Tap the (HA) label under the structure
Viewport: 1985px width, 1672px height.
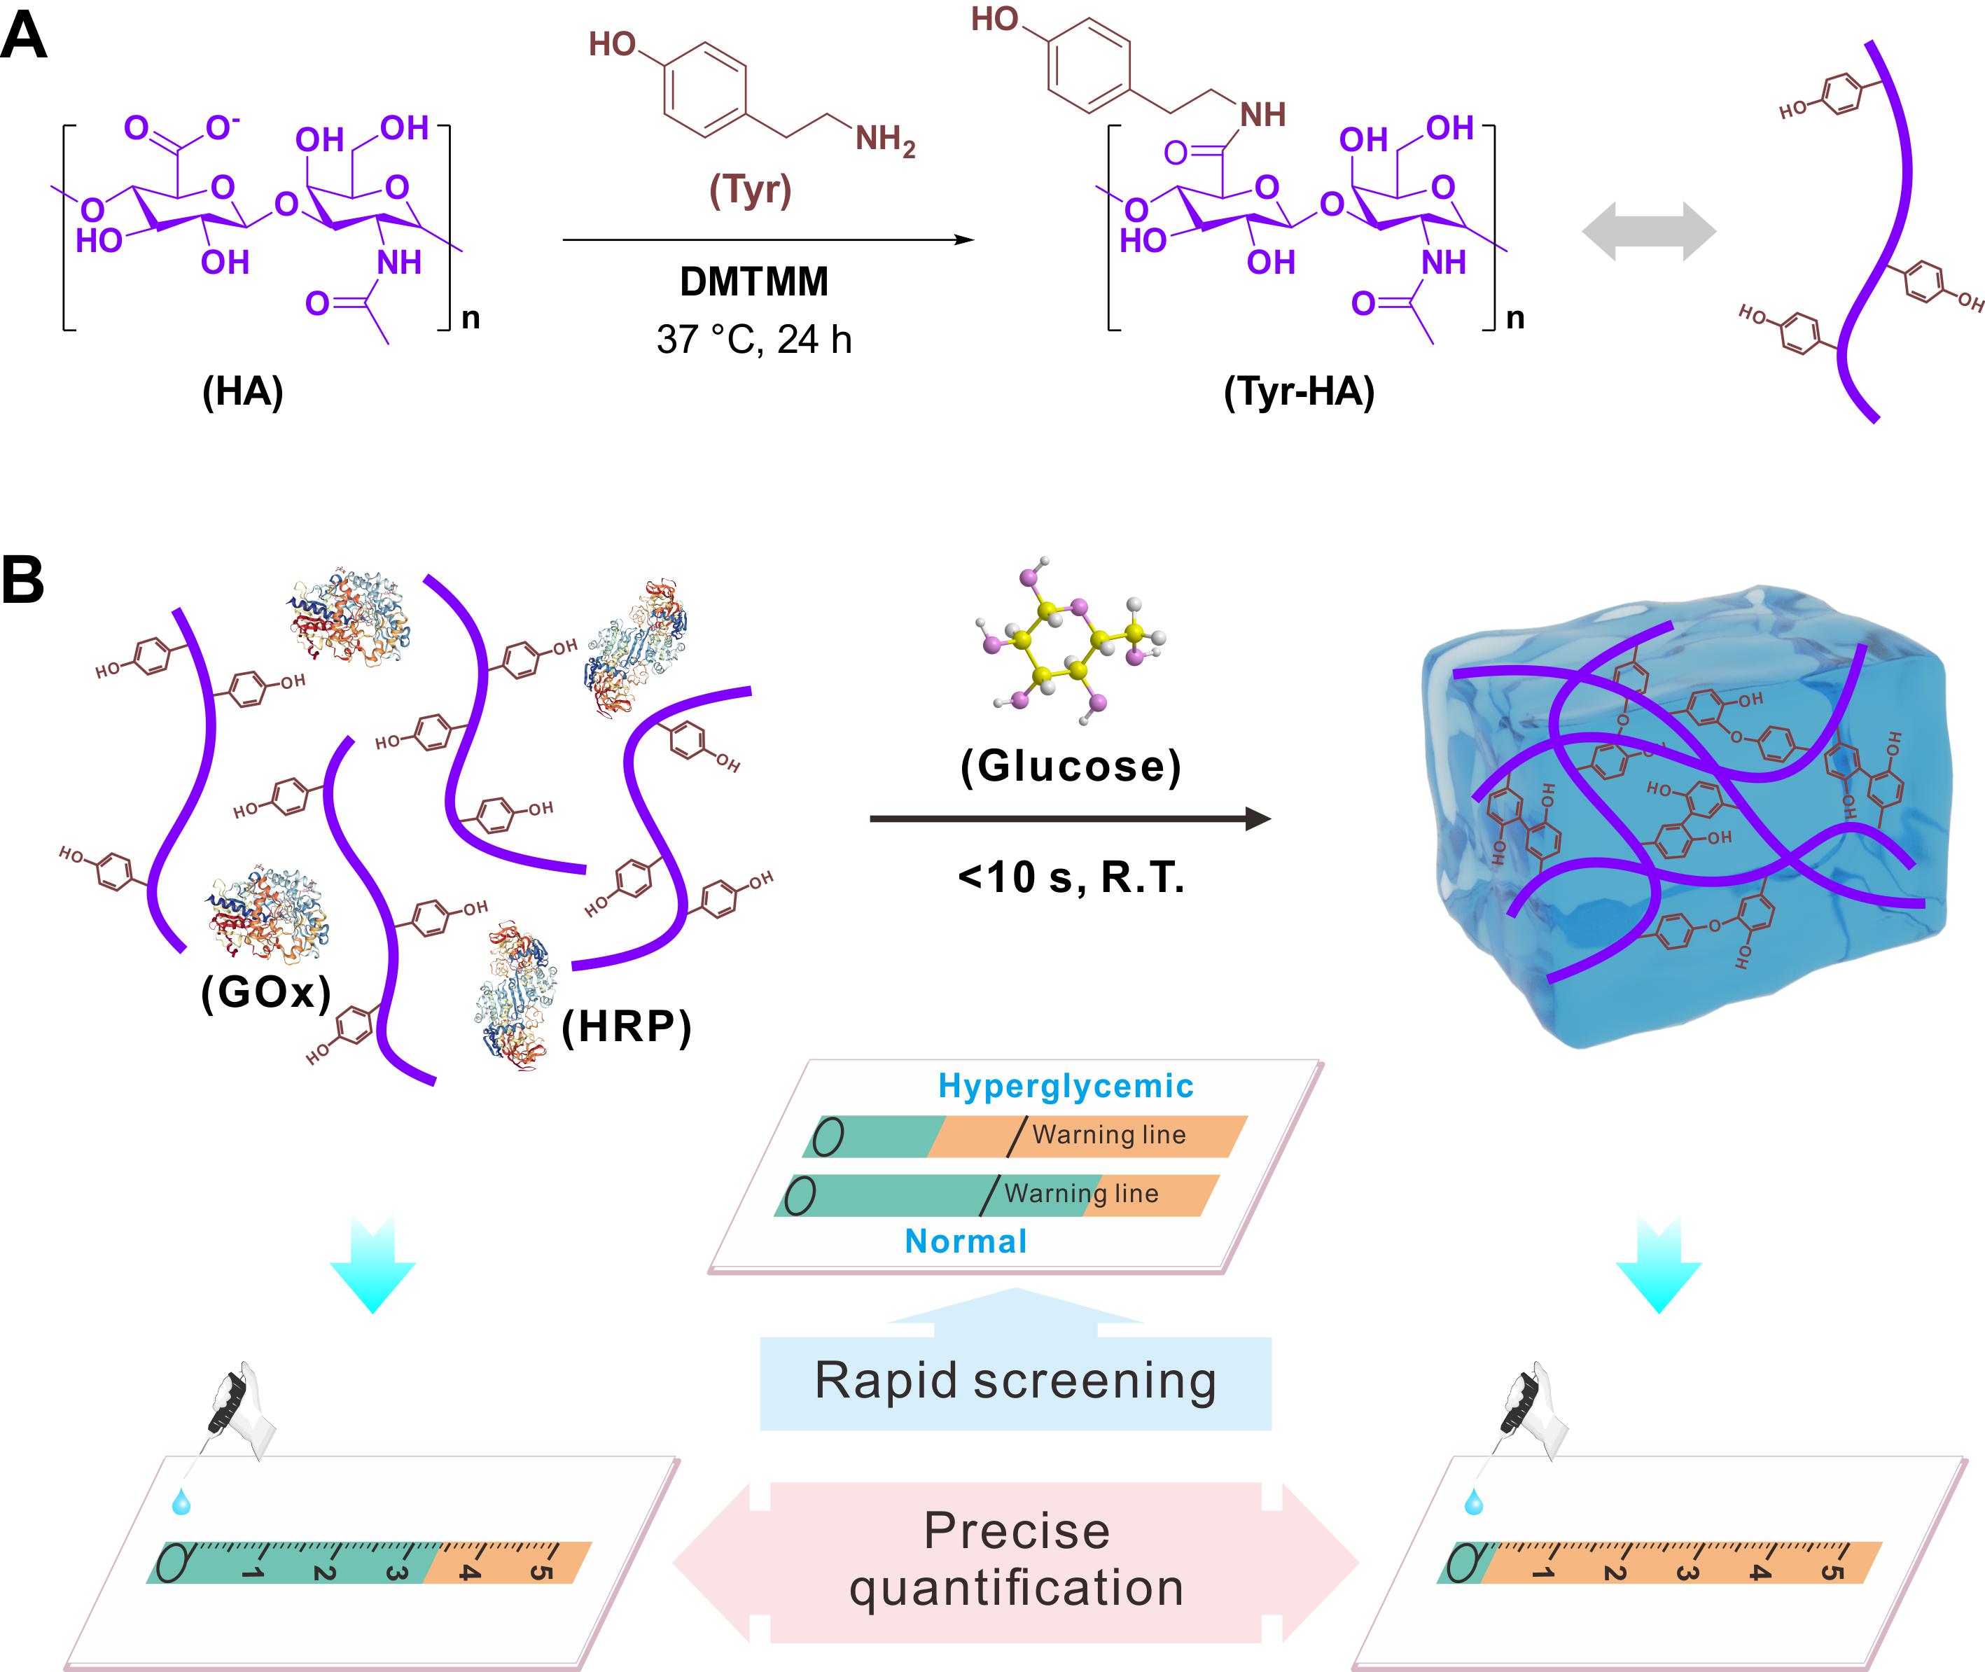243,391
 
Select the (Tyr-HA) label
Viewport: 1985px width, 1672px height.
1299,391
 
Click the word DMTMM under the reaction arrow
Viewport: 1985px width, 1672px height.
753,281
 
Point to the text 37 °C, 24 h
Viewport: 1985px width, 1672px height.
753,340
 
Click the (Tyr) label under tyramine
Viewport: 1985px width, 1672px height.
750,190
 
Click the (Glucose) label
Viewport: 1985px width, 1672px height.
1071,766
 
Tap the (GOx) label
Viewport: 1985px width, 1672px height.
266,992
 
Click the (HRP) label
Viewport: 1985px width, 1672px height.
627,1026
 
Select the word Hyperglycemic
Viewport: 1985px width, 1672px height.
1066,1086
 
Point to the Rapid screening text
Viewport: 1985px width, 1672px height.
1015,1381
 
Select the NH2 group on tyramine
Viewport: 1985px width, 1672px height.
884,140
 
